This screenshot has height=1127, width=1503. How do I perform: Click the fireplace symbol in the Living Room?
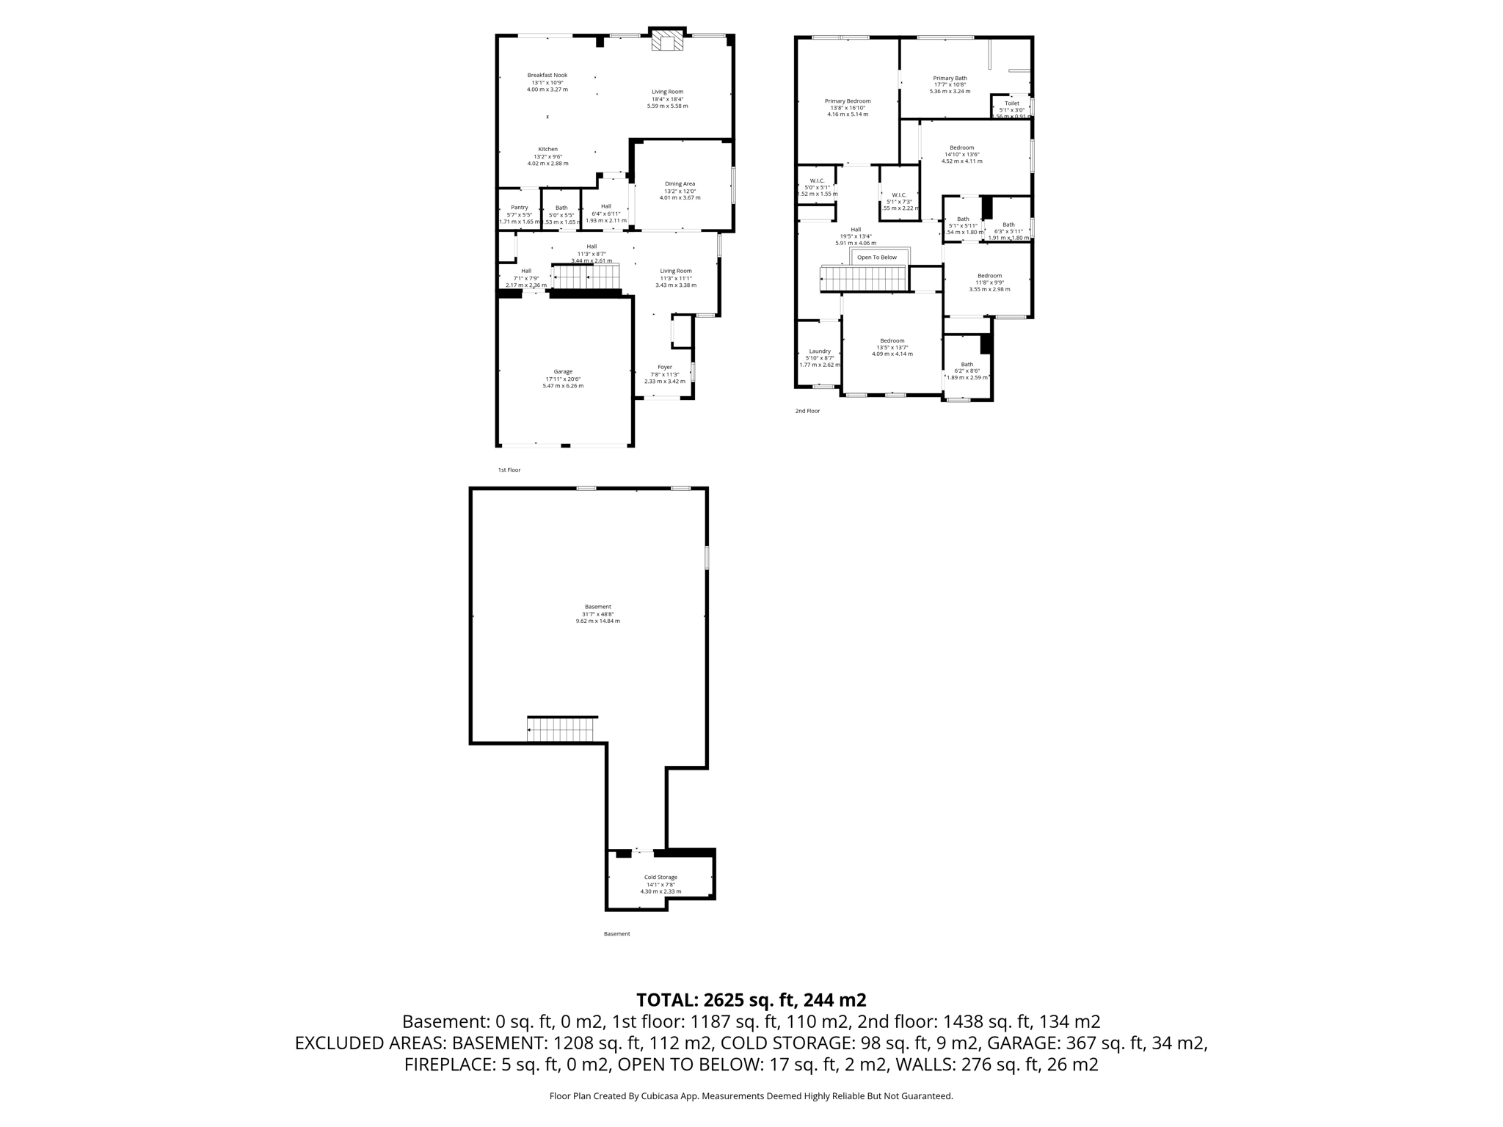click(667, 42)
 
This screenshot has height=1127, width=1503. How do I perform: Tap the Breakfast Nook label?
click(547, 75)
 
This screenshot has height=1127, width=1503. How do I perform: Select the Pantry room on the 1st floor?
click(519, 208)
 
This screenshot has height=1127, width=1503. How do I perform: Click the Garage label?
click(563, 372)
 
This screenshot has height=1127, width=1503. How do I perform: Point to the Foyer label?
click(664, 367)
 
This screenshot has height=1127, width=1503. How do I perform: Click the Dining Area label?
click(680, 184)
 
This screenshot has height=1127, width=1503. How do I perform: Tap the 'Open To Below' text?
click(876, 258)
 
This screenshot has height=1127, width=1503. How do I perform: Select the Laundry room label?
click(819, 351)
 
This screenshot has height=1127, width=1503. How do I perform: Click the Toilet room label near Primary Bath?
click(1011, 103)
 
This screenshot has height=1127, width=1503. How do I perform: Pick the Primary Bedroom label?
click(847, 101)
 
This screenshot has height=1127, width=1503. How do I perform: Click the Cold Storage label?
click(660, 877)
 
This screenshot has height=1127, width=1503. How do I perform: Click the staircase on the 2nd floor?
click(863, 280)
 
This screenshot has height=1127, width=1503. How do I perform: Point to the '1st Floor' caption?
click(509, 470)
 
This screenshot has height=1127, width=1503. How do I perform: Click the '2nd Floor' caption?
click(807, 411)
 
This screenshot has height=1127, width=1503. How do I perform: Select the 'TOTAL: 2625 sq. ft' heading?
click(751, 1000)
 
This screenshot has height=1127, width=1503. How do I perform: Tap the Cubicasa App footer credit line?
click(751, 1096)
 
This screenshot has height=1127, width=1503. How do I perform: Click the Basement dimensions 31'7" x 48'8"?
click(597, 614)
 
